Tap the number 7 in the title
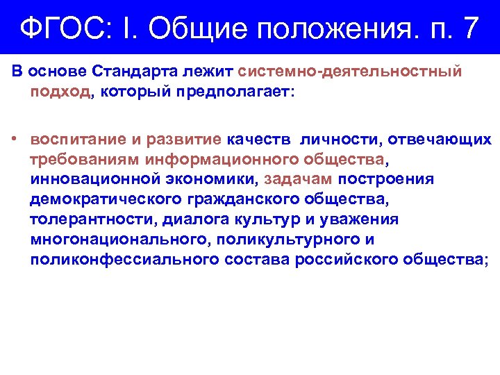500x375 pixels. point(469,28)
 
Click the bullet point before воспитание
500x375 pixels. point(15,140)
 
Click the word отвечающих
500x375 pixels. point(439,140)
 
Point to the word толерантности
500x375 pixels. point(93,220)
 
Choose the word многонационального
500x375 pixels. point(119,240)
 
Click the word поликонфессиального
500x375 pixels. point(125,260)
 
